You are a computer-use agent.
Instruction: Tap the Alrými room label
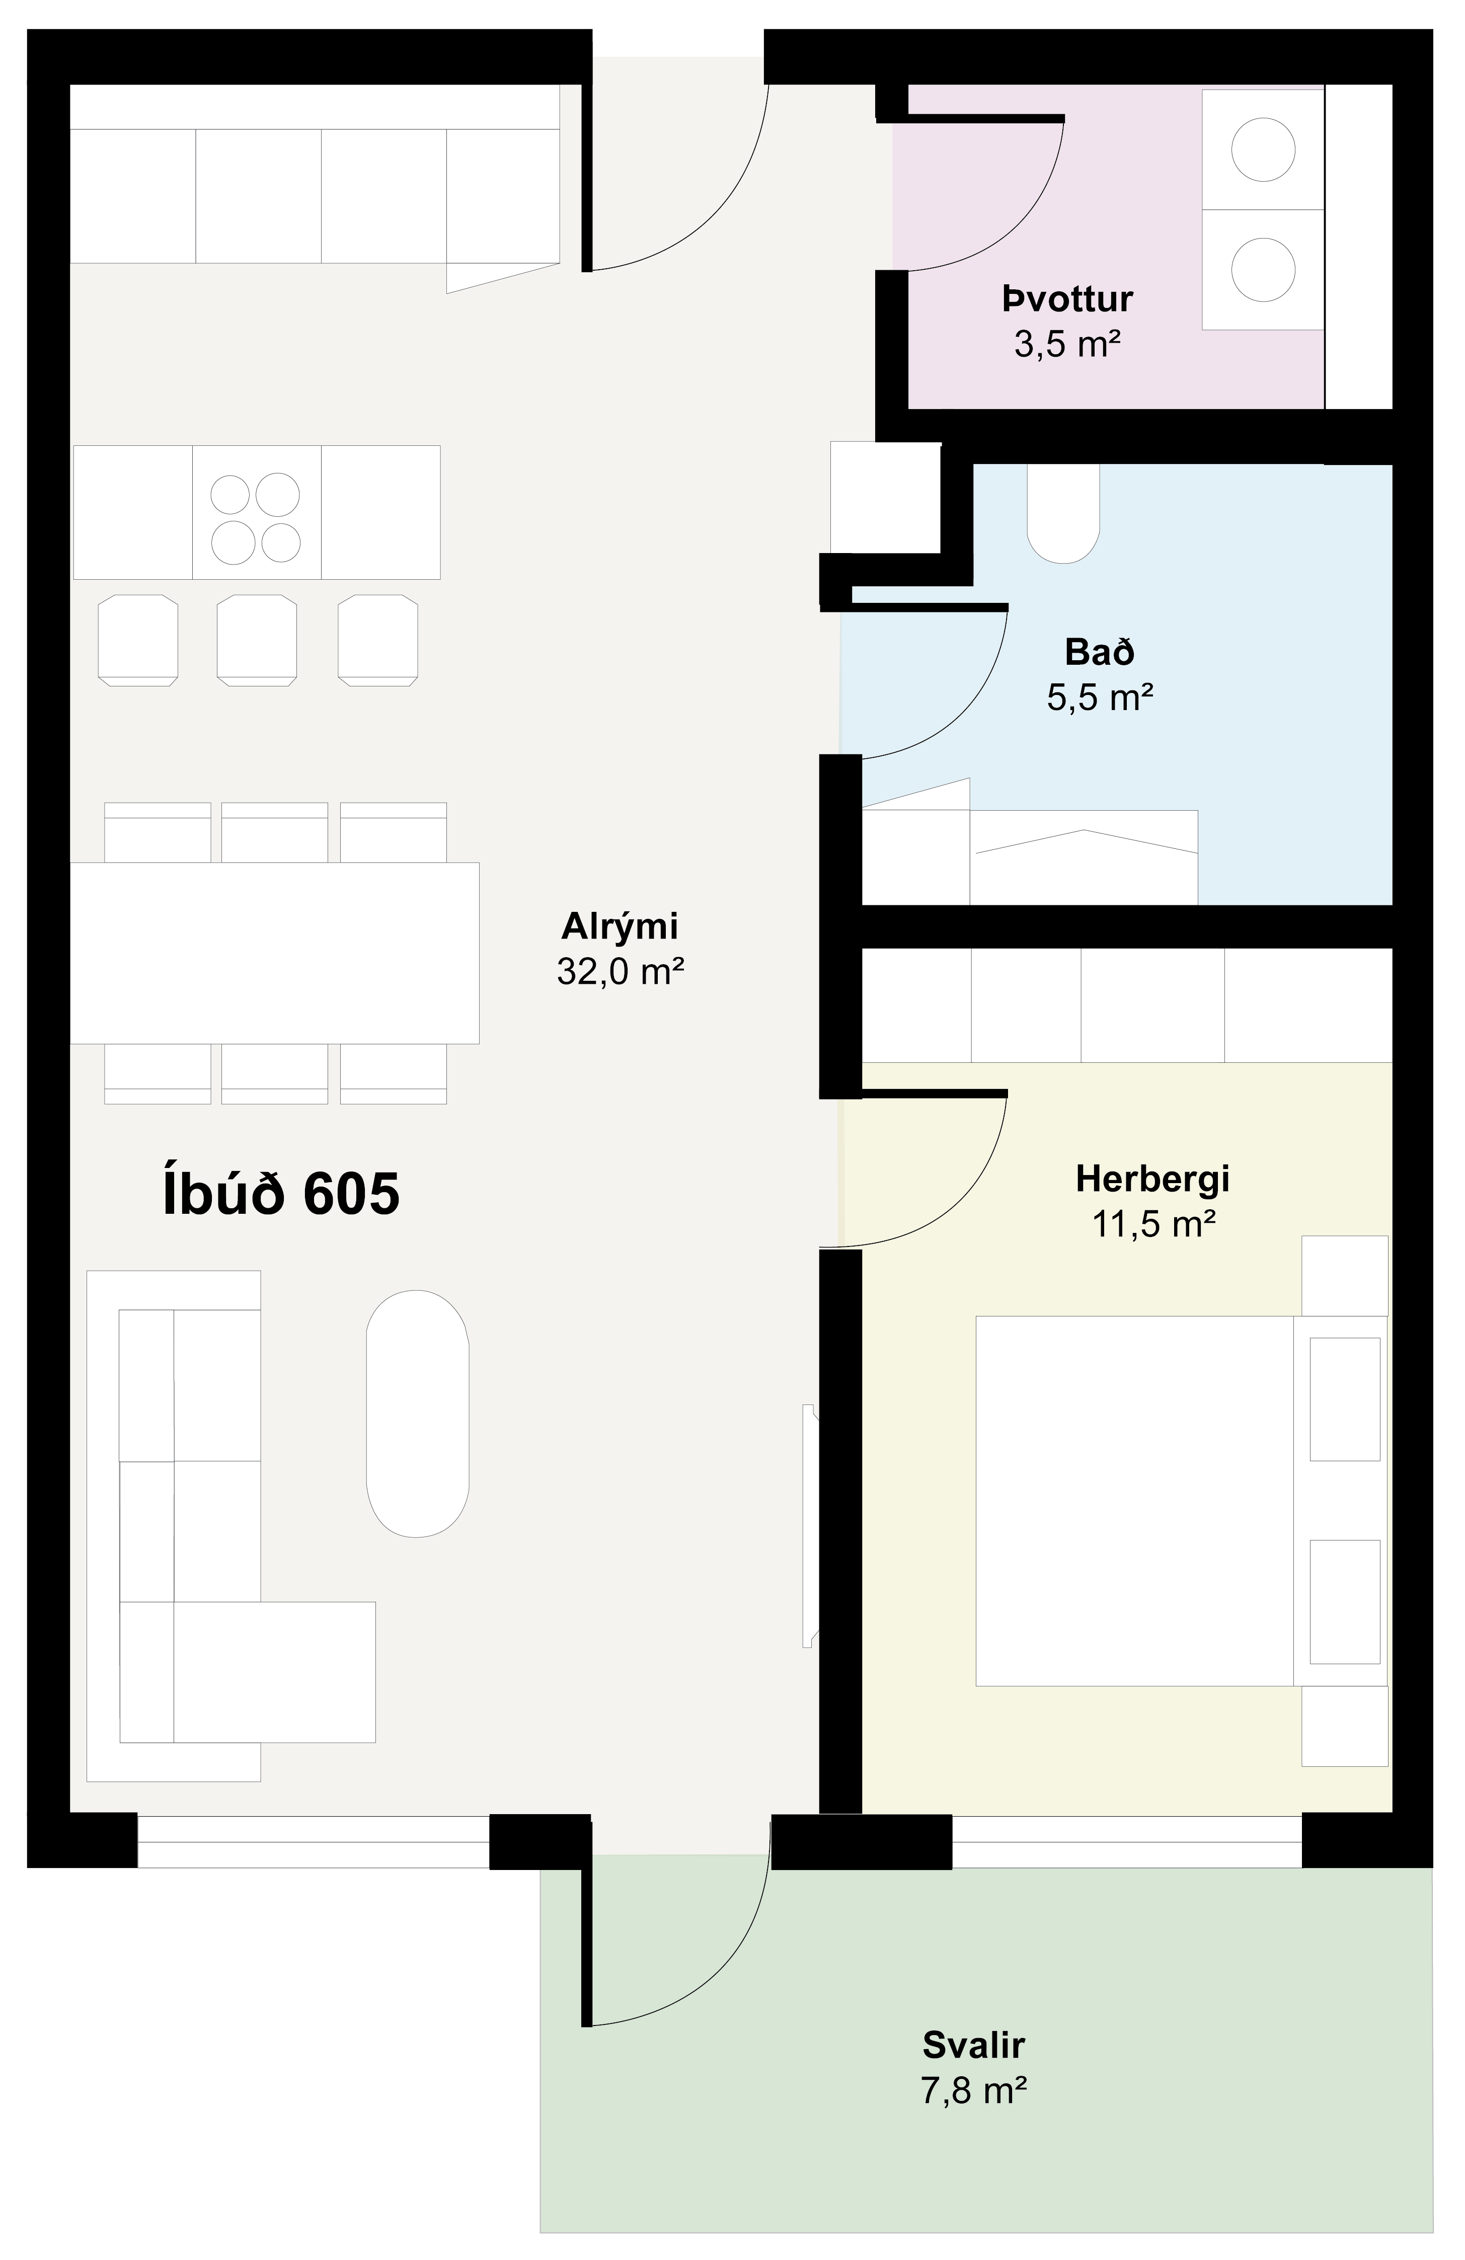pyautogui.click(x=620, y=926)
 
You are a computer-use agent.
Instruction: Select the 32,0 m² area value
pyautogui.click(x=620, y=971)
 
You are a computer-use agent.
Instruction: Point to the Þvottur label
pyautogui.click(x=1067, y=299)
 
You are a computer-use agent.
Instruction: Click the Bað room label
pyautogui.click(x=1100, y=652)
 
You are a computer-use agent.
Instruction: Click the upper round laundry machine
pyautogui.click(x=1263, y=149)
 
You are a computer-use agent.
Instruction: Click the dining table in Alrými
pyautogui.click(x=274, y=953)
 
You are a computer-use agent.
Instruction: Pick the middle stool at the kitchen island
pyautogui.click(x=256, y=640)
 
